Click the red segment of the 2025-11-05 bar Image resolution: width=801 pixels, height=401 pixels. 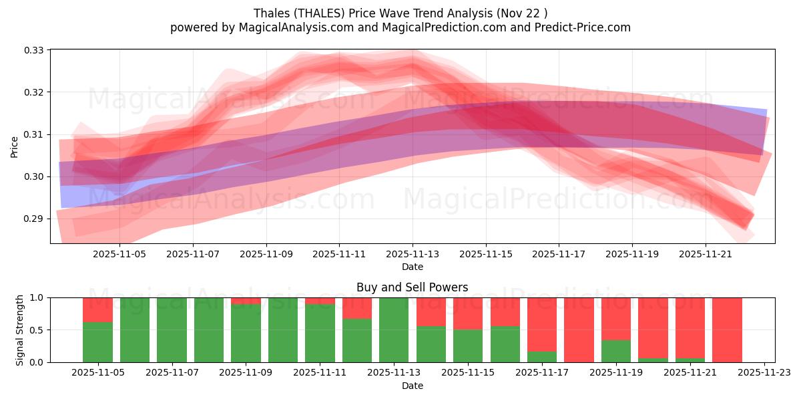97,309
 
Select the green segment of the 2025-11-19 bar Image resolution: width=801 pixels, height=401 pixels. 615,351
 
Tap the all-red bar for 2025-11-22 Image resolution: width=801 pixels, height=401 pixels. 727,329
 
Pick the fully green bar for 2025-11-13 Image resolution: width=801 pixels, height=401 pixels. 394,329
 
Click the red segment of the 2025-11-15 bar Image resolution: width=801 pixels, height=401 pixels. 468,313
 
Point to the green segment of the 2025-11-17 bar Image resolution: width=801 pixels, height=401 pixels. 541,357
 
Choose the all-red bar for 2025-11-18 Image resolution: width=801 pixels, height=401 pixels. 579,329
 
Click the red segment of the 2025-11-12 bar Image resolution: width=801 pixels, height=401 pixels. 357,308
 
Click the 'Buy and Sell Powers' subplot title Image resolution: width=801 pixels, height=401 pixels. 412,287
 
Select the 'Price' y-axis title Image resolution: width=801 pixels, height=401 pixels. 15,147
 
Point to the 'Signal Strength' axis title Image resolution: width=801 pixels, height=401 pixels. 20,329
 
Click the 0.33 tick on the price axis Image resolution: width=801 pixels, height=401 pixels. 34,50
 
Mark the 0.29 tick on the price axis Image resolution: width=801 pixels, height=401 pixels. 34,219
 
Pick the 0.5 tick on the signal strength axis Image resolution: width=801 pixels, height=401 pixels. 37,329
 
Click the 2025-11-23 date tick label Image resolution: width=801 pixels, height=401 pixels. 764,373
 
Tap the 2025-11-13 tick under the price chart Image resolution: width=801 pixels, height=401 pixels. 413,254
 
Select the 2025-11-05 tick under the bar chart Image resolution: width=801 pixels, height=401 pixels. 98,373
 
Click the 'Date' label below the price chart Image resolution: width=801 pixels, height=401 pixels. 412,267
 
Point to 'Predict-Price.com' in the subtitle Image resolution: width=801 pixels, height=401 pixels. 585,27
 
